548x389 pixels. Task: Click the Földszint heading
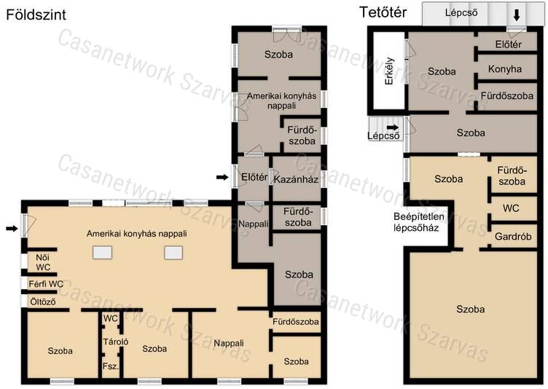(36, 15)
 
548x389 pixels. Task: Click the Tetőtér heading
(383, 12)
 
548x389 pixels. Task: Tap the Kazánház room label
(296, 179)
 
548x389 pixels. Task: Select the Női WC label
(43, 262)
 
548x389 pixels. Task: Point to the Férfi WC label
(46, 284)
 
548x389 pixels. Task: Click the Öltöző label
(43, 302)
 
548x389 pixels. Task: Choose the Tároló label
(116, 342)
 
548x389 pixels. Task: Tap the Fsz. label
(111, 366)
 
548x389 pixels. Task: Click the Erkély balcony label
(389, 71)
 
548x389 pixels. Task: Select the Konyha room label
(505, 69)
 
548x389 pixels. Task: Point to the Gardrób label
(513, 237)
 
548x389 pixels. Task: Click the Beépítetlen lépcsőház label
(419, 222)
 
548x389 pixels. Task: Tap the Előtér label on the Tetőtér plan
(509, 44)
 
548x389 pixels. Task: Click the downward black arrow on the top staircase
(517, 15)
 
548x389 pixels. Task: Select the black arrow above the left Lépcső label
(393, 127)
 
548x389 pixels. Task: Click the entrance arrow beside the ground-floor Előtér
(222, 178)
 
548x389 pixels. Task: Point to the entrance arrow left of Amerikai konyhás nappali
(12, 229)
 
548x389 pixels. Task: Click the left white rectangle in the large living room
(103, 252)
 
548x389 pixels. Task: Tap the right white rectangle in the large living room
(173, 253)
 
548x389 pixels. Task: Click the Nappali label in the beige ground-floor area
(229, 343)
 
